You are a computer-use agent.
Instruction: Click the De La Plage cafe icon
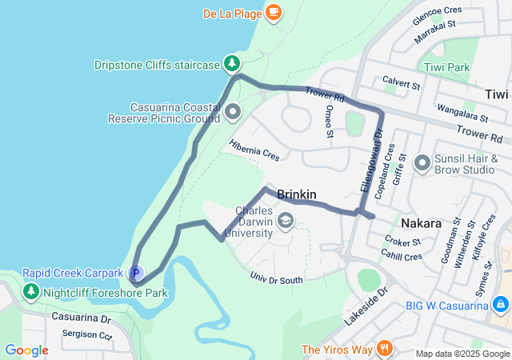click(274, 12)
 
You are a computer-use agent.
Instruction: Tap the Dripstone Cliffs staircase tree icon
click(231, 63)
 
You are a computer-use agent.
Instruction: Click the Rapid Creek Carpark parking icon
click(135, 273)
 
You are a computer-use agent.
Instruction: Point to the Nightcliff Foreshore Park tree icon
click(31, 292)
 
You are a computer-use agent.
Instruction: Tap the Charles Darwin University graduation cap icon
click(285, 219)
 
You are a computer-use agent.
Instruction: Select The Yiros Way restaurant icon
click(385, 348)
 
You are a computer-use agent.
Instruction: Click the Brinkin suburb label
click(297, 194)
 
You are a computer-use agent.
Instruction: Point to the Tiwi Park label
click(447, 68)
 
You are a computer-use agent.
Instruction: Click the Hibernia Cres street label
click(254, 150)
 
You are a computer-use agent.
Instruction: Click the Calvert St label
click(401, 83)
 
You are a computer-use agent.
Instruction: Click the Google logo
click(26, 350)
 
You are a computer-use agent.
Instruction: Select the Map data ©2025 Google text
click(462, 353)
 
